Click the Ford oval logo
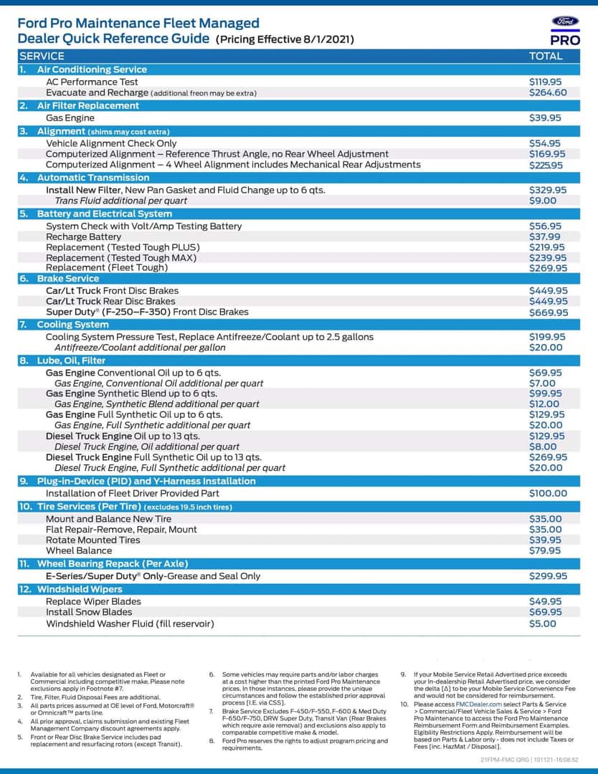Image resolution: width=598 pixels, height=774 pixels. point(566,22)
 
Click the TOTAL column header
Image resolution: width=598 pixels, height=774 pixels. point(546,56)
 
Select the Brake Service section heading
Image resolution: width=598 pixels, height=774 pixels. point(68,279)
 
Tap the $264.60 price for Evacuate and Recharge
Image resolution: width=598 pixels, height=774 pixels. point(548,92)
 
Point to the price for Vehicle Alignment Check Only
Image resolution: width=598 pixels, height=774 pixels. point(545,143)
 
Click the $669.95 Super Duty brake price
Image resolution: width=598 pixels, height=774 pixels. point(549,312)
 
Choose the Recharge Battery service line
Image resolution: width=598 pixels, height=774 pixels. point(83,236)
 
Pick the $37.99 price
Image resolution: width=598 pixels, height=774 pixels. point(545,236)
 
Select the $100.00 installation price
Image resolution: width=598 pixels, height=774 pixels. point(548,493)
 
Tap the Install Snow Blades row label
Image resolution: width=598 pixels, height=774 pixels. point(89,612)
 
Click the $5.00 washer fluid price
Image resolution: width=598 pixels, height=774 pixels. point(542,623)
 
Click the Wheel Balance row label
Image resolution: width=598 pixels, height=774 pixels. point(79,550)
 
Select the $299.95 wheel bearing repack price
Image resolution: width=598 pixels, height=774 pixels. point(548,575)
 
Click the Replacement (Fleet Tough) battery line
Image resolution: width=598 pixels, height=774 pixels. point(106,267)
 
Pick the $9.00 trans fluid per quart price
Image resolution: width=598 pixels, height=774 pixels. point(542,201)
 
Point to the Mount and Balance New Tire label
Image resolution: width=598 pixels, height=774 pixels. point(108,519)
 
